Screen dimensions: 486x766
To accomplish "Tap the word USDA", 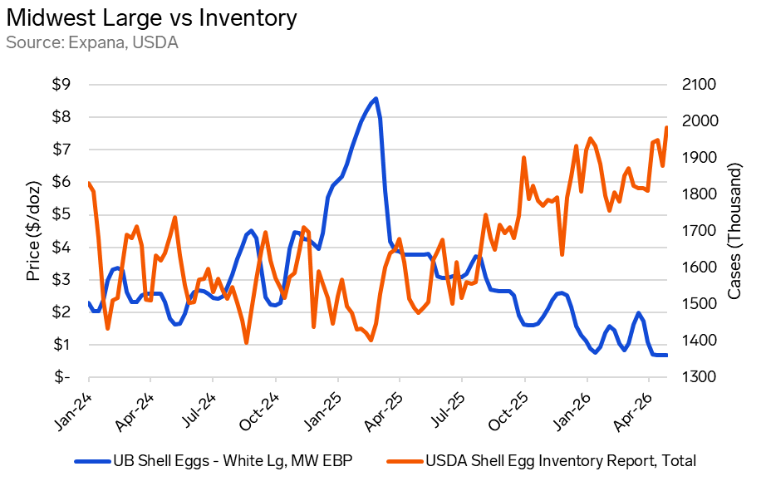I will click(x=156, y=42).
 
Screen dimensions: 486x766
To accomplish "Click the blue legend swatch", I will click(x=92, y=461).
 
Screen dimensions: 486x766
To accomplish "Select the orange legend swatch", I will click(x=405, y=461).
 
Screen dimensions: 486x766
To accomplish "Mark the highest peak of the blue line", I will click(x=376, y=98).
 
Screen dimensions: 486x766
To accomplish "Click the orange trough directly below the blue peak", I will click(x=371, y=339).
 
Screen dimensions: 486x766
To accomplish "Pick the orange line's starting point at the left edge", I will click(x=89, y=183).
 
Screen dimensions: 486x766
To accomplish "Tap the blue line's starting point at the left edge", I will click(x=89, y=303).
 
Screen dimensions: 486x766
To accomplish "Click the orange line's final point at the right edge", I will click(x=666, y=126).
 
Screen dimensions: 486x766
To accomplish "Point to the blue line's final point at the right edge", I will click(x=666, y=355).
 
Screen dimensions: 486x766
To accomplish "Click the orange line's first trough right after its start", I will click(x=108, y=328).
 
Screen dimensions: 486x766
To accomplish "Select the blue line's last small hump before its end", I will click(x=639, y=313).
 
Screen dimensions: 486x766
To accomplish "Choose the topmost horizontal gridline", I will click(x=378, y=85).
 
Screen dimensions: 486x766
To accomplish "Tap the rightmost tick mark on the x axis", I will click(x=649, y=380).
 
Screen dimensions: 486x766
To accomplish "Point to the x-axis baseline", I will click(x=378, y=377).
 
